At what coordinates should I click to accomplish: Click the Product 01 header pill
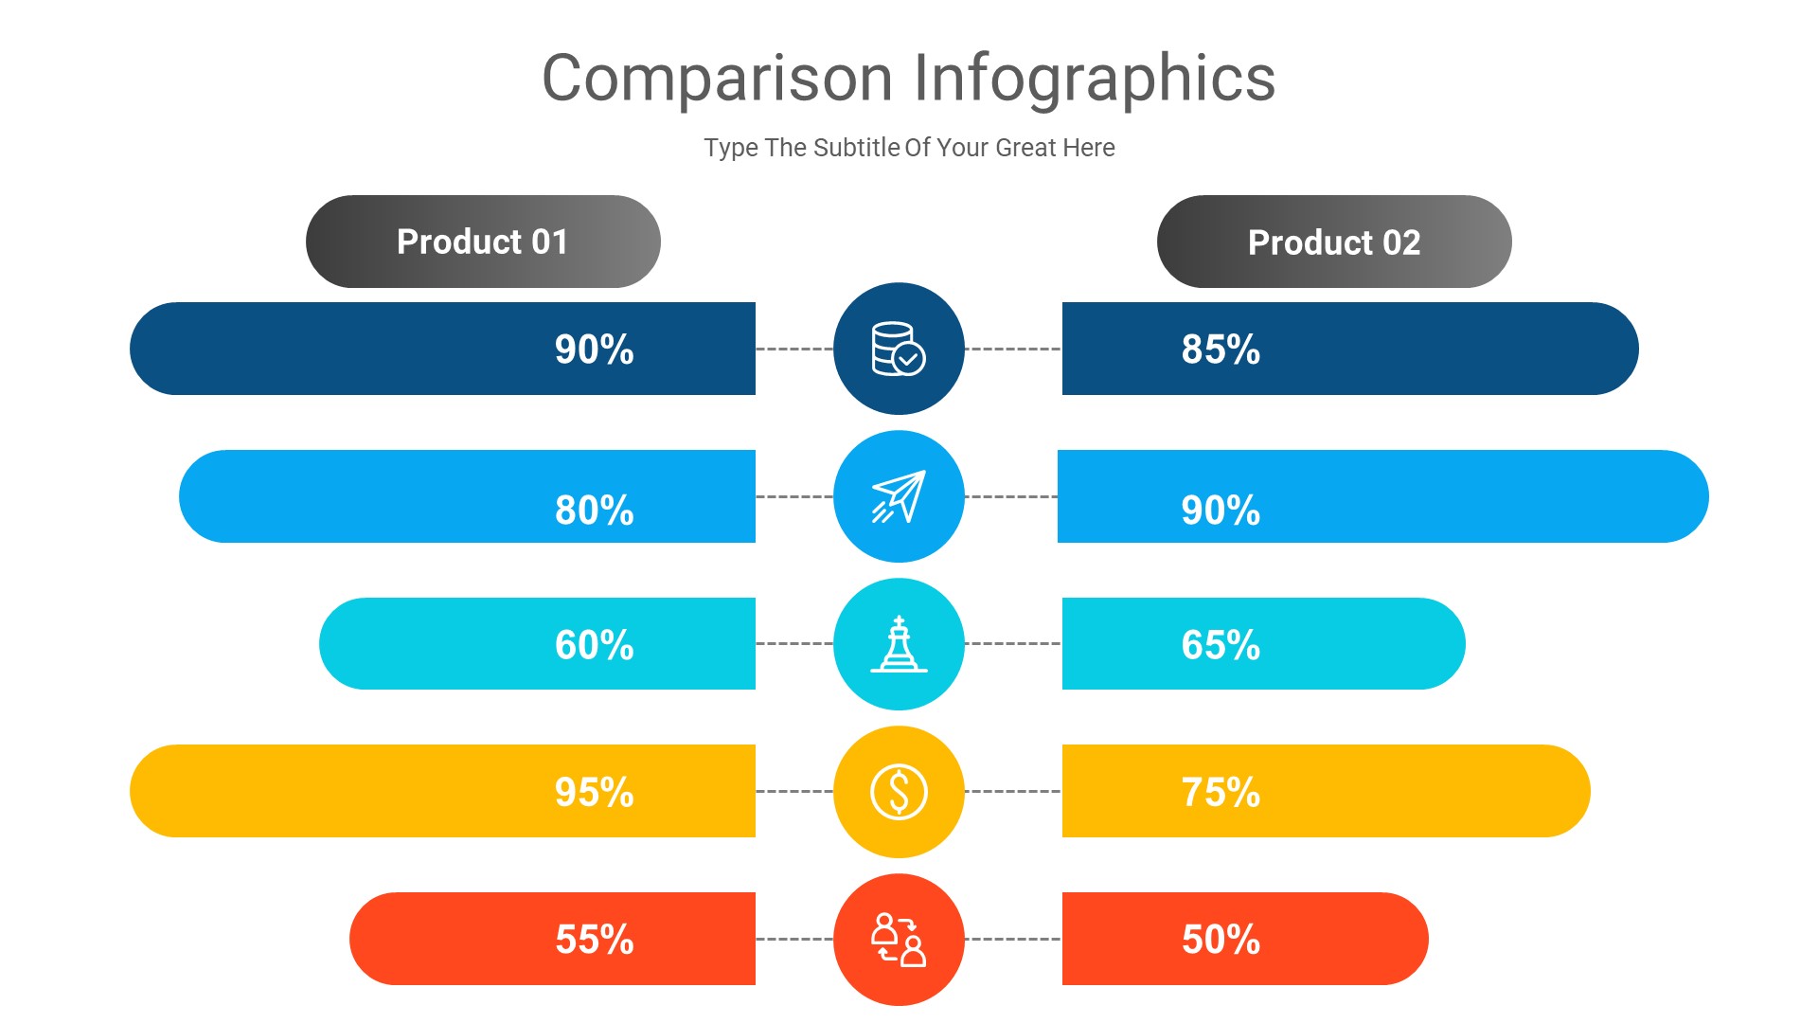[483, 242]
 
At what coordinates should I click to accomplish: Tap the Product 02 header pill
[1334, 242]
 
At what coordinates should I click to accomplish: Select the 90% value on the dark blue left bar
[594, 350]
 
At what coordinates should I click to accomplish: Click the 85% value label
[1221, 350]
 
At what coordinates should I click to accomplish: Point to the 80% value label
[594, 511]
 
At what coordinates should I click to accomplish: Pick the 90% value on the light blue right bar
[1221, 511]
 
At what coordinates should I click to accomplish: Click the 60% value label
[594, 645]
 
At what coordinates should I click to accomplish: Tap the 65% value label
[1221, 645]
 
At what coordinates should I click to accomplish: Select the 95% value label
[594, 792]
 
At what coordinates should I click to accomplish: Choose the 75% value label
[1221, 792]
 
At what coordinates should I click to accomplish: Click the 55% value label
[594, 940]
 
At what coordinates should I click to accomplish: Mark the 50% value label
[1221, 940]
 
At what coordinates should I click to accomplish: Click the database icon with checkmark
[899, 349]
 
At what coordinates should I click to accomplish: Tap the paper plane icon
[899, 496]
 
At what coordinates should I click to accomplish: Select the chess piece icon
[899, 644]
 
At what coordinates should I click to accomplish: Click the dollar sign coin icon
[899, 792]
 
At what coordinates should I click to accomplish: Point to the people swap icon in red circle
[899, 940]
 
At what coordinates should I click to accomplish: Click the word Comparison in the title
[717, 79]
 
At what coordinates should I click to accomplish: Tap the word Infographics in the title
[1095, 79]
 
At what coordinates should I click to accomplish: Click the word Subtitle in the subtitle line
[856, 148]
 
